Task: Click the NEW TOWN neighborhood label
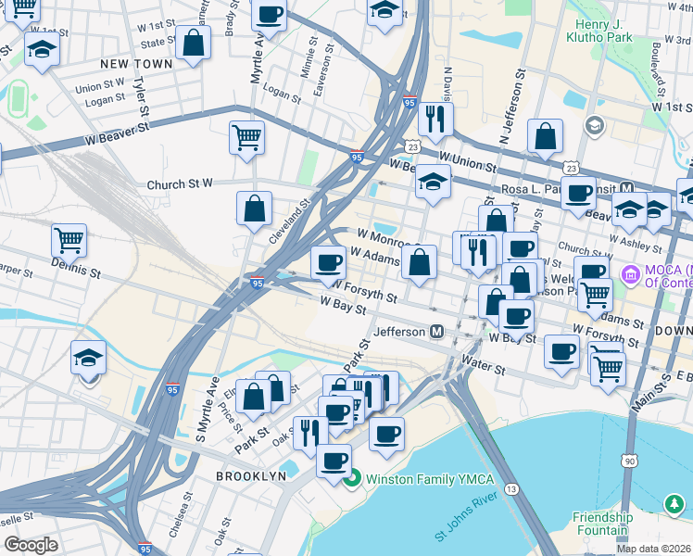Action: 136,63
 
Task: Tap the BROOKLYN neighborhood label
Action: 251,475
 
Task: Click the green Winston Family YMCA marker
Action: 351,479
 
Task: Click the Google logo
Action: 31,544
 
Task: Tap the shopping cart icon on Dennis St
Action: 69,241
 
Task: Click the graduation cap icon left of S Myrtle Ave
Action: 89,358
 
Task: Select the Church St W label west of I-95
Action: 180,185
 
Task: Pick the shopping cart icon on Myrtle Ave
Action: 246,137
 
